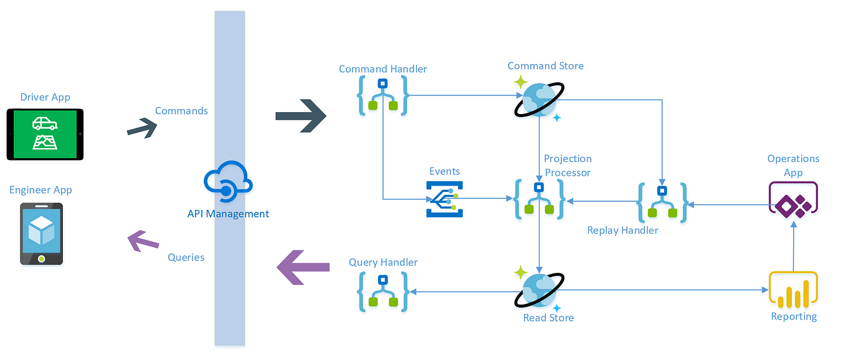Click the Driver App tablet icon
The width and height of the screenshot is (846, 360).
coord(45,134)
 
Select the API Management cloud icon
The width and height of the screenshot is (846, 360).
coord(228,182)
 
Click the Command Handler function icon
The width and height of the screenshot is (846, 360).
coord(383,95)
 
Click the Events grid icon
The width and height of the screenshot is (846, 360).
coord(445,199)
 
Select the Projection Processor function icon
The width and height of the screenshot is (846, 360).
coord(539,199)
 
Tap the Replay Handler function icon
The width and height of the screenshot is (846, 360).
coord(662,202)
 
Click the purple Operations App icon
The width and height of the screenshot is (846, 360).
coord(793,200)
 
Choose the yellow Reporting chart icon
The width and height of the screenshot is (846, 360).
coord(792,290)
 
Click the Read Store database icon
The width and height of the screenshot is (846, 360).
coord(539,290)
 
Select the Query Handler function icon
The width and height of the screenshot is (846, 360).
coord(383,291)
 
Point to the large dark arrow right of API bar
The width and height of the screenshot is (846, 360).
coord(301,115)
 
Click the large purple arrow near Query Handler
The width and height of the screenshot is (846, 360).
coord(303,267)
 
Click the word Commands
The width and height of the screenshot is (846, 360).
coord(181,111)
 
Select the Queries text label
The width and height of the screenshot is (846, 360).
coord(186,257)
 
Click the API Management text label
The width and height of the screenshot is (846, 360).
coord(228,214)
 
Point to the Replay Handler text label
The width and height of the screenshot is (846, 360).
coord(622,230)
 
